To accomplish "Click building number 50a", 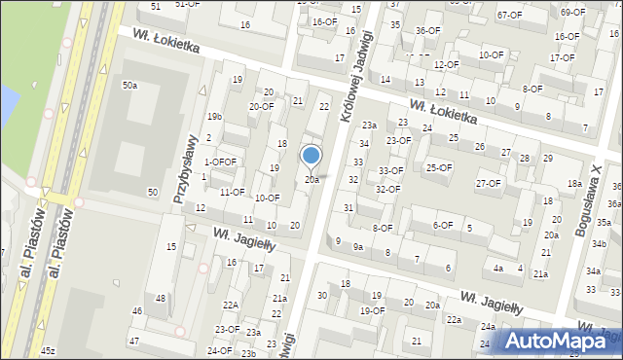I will [129, 86].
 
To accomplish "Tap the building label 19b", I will [214, 117].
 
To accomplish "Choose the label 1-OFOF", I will [220, 162].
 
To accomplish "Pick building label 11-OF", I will [232, 192].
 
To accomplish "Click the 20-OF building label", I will [261, 107].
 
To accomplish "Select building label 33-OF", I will [391, 171].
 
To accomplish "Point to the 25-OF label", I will [440, 167].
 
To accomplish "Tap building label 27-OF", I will [488, 184].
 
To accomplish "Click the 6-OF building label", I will [443, 225].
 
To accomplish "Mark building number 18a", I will [574, 183].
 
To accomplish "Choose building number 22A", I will [230, 305].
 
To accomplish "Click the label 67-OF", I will [509, 15].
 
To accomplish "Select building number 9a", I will [358, 247].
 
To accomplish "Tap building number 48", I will [161, 299].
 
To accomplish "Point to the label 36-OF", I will [427, 30].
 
